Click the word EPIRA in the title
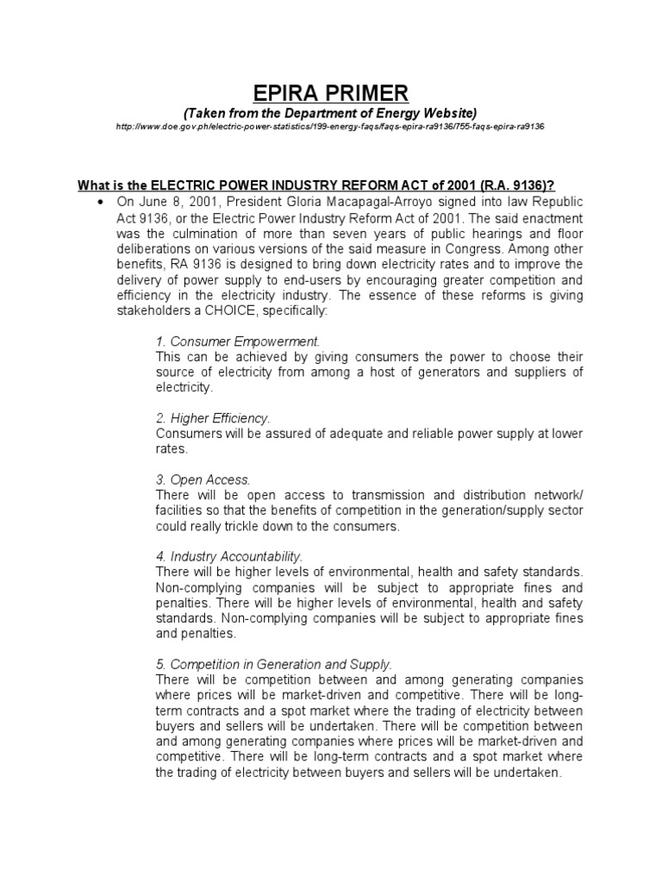click(x=278, y=92)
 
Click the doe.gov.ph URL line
click(x=331, y=127)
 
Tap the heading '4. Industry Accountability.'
click(x=229, y=556)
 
